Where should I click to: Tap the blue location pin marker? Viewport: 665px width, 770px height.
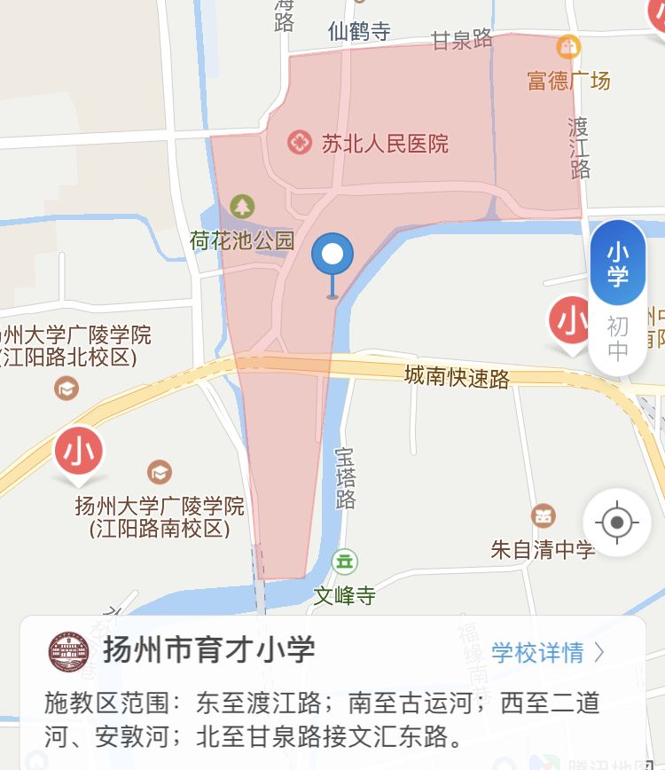[x=332, y=256]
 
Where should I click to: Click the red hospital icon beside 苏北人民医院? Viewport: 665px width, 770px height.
[x=300, y=142]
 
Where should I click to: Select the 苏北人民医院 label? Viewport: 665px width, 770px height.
[x=385, y=143]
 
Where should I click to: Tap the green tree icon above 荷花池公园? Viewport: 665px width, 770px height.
[x=241, y=207]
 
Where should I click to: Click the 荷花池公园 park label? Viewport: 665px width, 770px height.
[x=241, y=240]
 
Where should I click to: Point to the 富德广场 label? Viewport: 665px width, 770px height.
[x=568, y=81]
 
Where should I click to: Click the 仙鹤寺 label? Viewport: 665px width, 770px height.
[x=359, y=32]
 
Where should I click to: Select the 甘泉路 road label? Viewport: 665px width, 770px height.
[x=462, y=39]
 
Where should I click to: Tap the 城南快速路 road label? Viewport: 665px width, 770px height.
[x=457, y=377]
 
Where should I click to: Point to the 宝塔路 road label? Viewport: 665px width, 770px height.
[x=345, y=477]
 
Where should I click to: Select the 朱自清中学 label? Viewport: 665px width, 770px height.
[x=543, y=549]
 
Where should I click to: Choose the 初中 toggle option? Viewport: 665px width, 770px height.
[x=618, y=338]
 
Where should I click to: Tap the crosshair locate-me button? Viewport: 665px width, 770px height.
[x=617, y=522]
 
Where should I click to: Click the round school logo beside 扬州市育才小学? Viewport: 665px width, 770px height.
[x=69, y=652]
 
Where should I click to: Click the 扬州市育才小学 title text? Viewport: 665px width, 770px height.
[x=209, y=650]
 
